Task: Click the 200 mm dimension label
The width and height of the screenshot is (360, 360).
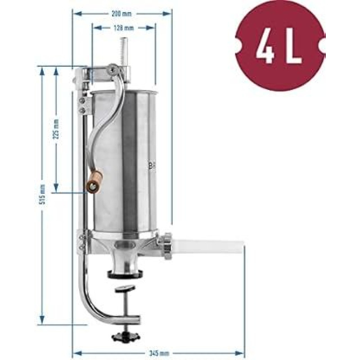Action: tap(121, 14)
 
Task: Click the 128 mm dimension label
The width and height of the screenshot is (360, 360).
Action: tap(124, 28)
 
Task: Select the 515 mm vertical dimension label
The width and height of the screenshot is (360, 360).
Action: tap(42, 194)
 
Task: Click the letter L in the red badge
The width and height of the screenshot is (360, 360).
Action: tap(292, 45)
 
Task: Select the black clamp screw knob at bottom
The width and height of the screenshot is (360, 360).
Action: tap(126, 336)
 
